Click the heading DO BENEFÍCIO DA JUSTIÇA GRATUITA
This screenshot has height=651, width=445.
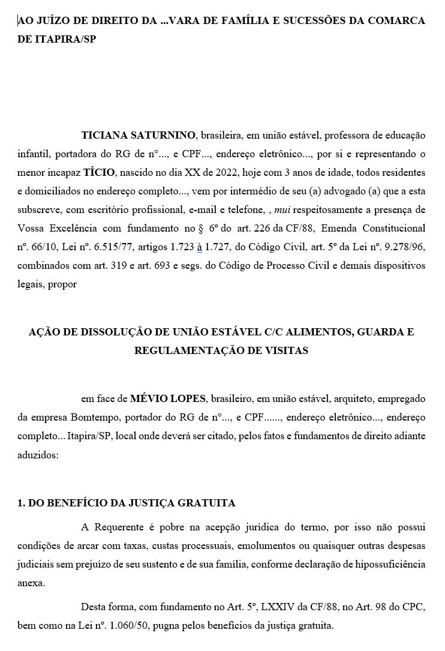click(x=127, y=502)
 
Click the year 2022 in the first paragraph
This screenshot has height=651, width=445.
click(x=225, y=172)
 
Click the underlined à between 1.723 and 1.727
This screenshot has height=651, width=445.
click(x=199, y=247)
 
